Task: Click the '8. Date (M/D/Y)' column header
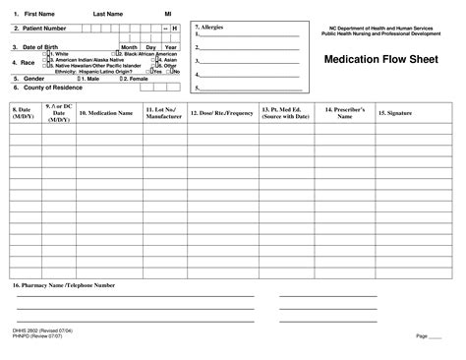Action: (23, 113)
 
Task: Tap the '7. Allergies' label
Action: (210, 27)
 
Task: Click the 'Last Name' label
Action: (108, 15)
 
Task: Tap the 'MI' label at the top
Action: (167, 15)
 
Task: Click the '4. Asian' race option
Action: (165, 60)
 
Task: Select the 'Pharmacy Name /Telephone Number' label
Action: (62, 284)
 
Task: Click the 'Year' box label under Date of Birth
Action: (170, 46)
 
